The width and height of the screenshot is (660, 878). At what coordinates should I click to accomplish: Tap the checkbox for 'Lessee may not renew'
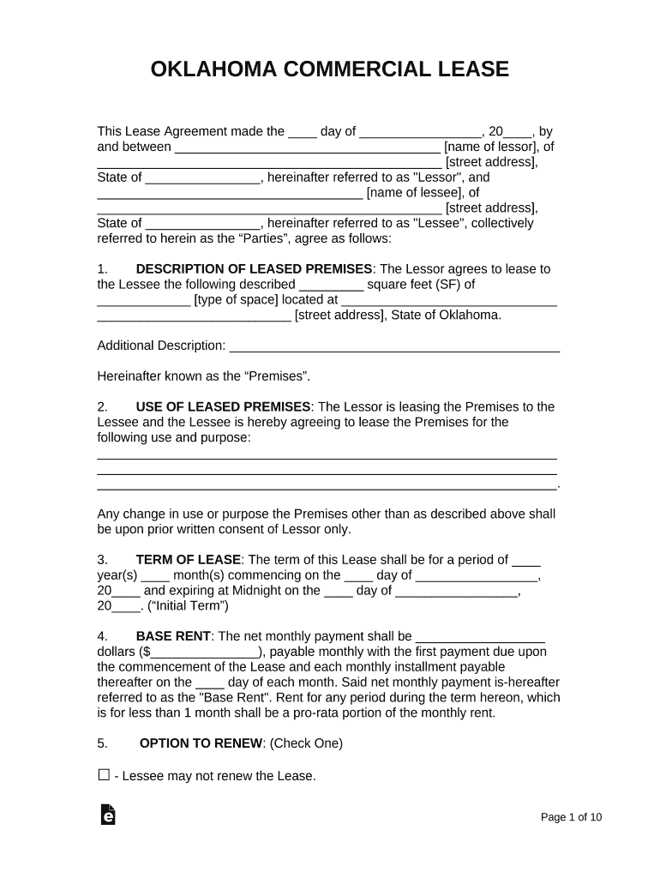[104, 775]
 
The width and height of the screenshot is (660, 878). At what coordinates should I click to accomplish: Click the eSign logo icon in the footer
[108, 815]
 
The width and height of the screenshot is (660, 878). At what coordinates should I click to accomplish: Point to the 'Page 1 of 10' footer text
[571, 817]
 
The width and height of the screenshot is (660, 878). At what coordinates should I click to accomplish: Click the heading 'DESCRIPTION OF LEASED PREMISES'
[254, 268]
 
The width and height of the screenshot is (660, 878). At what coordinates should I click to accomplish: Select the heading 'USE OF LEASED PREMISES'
[223, 406]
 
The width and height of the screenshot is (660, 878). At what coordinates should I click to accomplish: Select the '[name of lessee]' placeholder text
[414, 193]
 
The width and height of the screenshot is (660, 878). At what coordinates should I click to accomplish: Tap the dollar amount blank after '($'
[206, 652]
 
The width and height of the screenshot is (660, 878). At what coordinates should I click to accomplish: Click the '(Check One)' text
[306, 743]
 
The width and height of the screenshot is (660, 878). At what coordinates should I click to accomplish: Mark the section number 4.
[102, 636]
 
